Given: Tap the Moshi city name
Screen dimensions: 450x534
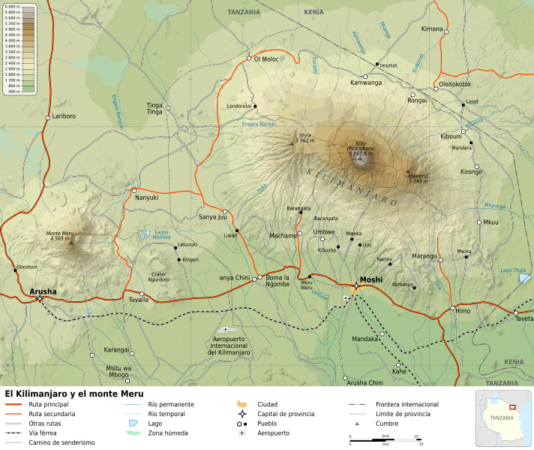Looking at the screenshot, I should coord(371,280).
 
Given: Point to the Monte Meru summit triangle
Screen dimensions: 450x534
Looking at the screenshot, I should coord(71,243).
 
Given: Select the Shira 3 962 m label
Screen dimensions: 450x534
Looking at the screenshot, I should coord(304,138).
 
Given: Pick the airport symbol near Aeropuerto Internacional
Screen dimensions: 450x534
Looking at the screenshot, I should coord(226,329).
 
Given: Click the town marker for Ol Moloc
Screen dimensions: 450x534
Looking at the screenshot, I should coord(249,58).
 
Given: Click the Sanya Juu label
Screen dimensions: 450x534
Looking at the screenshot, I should coord(211,217).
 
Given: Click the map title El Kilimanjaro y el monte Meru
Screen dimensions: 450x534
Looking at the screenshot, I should coord(73,393).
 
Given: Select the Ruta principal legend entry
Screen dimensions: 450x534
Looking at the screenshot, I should coord(48,404).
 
